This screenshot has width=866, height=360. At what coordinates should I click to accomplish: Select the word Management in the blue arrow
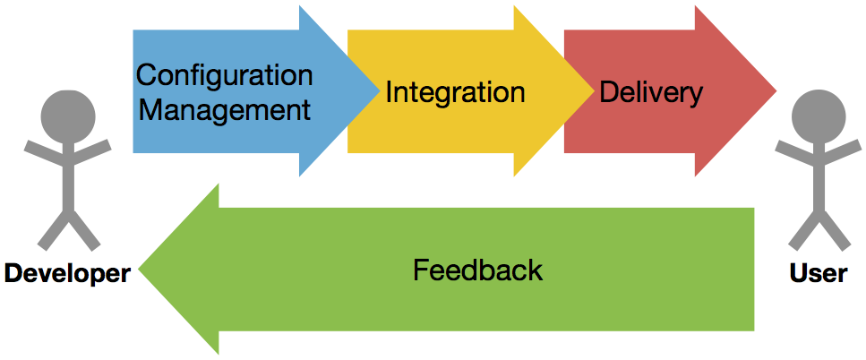pos(226,109)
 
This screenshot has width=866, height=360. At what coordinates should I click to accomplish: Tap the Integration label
pos(455,93)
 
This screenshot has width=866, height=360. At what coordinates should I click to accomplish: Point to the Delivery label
pos(651,93)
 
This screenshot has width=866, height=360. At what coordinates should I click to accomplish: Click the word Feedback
pos(477,270)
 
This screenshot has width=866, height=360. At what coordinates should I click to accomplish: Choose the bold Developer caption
pos(67,274)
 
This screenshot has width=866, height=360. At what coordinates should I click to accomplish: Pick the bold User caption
pos(819,273)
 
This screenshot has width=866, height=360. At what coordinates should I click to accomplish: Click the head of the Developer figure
pos(68,116)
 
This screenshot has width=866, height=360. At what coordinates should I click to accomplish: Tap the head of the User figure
pos(819,116)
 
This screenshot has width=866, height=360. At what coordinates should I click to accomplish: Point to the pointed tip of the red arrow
pos(776,91)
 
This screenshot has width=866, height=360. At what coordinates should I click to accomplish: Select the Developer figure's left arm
pos(46,152)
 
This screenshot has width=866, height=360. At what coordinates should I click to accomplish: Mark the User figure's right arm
pos(839,152)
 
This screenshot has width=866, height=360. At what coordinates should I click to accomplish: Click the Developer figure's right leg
pos(84,231)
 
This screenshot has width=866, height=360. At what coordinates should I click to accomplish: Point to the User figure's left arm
pos(795,152)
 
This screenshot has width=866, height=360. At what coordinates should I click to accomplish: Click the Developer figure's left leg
pos(53,231)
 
